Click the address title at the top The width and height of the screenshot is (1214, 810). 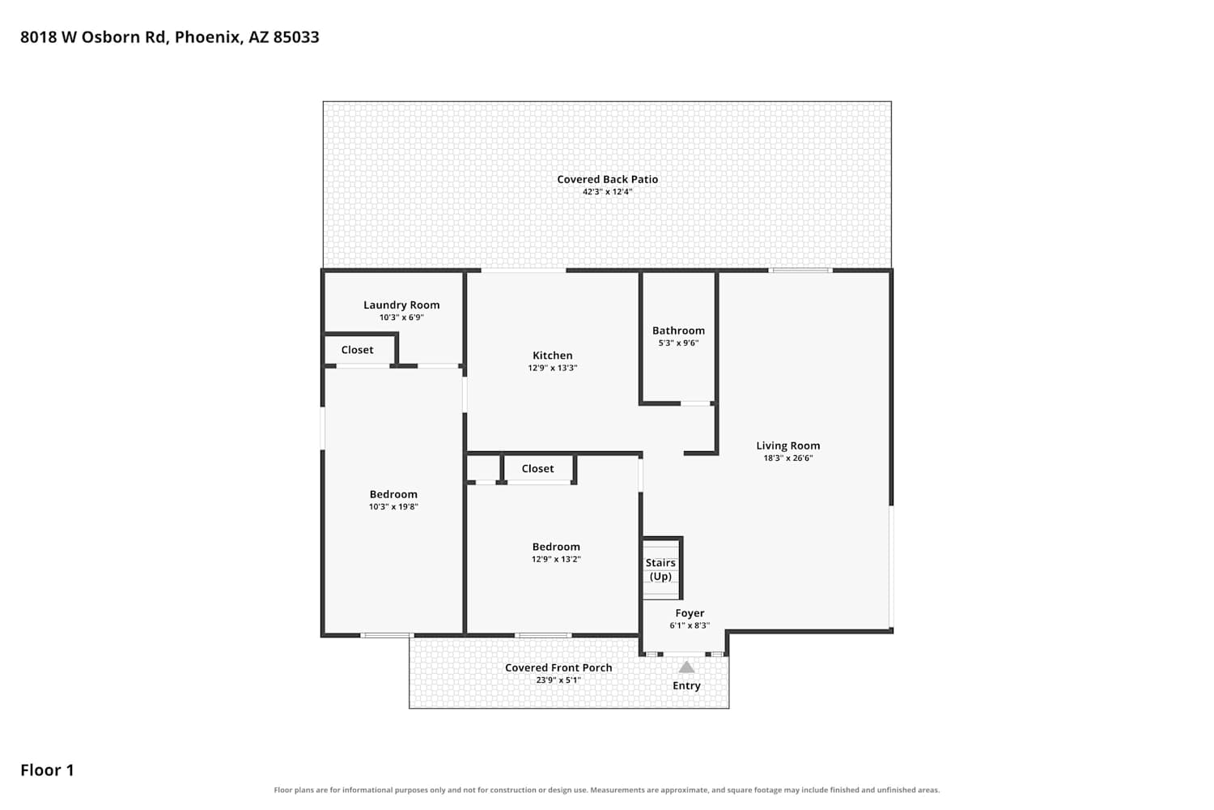coord(170,37)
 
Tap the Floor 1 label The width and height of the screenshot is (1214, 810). coord(47,769)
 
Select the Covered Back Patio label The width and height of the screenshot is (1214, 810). coord(607,179)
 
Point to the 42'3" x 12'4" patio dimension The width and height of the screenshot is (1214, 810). coord(607,191)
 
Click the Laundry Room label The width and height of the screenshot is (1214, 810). coord(401,305)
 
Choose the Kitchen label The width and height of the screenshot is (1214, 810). coord(552,356)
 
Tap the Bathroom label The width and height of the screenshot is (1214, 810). coord(678,330)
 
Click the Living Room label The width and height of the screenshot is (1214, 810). coord(788,446)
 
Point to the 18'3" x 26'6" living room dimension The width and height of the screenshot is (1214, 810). coord(788,458)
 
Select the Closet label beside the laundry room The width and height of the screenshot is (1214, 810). coord(357,350)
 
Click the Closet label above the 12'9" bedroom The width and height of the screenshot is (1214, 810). coord(537,468)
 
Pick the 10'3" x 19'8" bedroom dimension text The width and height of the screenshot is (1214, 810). coord(393,507)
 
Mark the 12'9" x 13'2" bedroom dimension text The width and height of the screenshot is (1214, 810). coord(556,560)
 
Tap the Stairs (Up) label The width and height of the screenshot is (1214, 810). coord(660,569)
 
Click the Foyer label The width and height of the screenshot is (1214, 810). coord(690,613)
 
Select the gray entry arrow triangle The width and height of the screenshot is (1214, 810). coord(686,668)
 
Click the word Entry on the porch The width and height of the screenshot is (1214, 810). coord(686,686)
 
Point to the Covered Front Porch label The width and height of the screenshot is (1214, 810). coord(558,668)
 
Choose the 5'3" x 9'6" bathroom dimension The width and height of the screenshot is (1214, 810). coord(678,343)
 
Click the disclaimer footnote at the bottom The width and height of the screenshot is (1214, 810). coord(607,790)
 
